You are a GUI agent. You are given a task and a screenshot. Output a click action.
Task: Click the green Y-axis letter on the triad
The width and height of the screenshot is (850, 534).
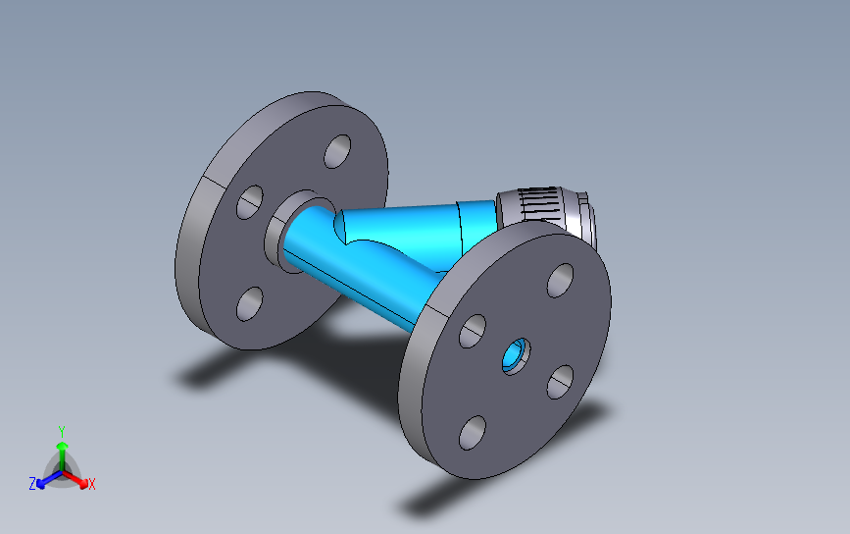62,432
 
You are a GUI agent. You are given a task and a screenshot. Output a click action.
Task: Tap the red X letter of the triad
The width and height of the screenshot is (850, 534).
91,484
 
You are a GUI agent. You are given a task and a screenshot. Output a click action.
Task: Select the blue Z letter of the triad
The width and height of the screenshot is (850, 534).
32,484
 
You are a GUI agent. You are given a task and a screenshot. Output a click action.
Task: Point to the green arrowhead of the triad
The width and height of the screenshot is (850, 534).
63,446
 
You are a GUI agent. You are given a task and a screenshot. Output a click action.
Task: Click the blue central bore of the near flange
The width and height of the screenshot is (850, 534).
515,355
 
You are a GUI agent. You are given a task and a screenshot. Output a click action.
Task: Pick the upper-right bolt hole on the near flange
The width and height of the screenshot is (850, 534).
560,281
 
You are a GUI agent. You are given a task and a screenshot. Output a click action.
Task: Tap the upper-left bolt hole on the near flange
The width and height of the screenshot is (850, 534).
473,331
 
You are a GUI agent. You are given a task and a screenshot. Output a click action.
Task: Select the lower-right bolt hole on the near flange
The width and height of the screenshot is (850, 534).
560,382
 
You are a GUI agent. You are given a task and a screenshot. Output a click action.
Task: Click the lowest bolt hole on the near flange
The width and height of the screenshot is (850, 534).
473,433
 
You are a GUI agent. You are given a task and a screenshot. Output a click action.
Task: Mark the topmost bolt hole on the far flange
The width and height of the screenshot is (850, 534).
337,151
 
